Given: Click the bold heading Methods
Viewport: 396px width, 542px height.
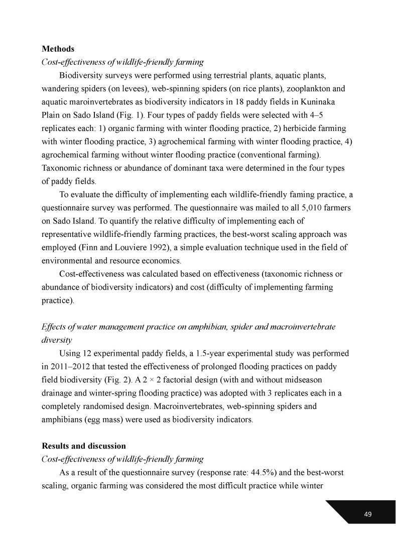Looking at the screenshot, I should (58, 49).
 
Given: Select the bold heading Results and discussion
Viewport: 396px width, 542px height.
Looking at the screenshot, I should (84, 446).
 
